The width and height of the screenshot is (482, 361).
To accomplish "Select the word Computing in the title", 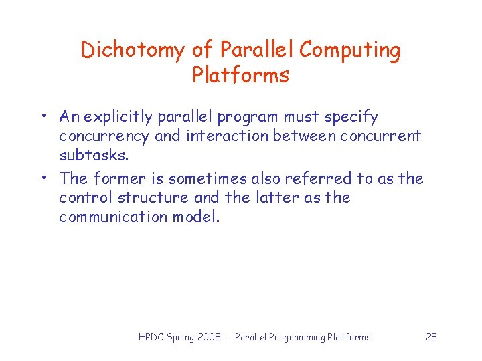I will pyautogui.click(x=350, y=50).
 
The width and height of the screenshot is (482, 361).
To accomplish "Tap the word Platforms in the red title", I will pyautogui.click(x=241, y=75).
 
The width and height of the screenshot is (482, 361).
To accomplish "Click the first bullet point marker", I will pyautogui.click(x=42, y=118).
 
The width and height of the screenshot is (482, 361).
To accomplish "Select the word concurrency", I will pyautogui.click(x=104, y=136).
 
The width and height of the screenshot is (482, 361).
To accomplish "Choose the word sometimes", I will pyautogui.click(x=208, y=178).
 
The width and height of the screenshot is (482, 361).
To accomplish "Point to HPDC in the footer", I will pyautogui.click(x=151, y=337).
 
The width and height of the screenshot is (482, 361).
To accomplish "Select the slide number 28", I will pyautogui.click(x=431, y=337).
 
